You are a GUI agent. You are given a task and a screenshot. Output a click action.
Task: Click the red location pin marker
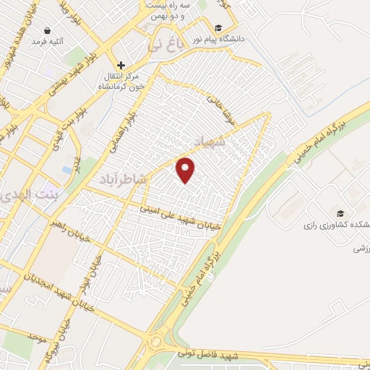tap(186, 170)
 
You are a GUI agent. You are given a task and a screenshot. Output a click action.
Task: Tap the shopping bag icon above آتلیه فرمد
tap(48, 31)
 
